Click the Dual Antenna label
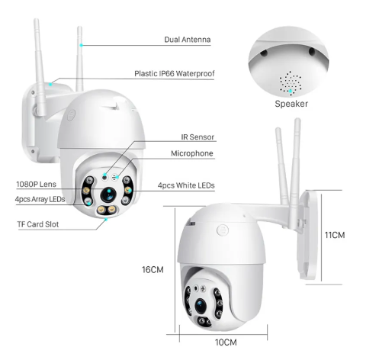(188, 40)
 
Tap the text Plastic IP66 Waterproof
(175, 74)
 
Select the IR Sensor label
(198, 137)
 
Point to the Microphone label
(192, 153)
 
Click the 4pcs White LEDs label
(186, 185)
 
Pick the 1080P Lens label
(36, 185)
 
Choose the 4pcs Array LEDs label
(40, 199)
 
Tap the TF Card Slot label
(38, 224)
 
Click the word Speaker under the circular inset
(291, 104)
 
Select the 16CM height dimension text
(153, 269)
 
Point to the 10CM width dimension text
(226, 342)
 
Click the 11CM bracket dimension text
(335, 235)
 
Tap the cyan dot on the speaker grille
(291, 91)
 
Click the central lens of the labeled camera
(108, 194)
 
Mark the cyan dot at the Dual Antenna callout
(81, 45)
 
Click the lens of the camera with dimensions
(201, 306)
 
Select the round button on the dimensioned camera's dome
(223, 230)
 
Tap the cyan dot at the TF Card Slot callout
(106, 219)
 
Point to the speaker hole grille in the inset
(291, 83)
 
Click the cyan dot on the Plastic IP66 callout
(51, 84)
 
